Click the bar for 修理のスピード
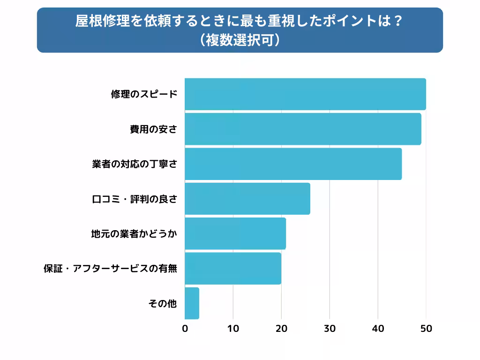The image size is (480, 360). [x=305, y=94]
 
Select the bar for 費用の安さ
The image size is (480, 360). [x=303, y=129]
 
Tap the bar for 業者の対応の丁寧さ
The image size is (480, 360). [x=293, y=164]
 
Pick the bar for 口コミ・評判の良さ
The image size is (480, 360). [x=247, y=199]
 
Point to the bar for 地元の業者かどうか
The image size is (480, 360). [x=235, y=233]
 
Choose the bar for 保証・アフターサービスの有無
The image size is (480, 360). [x=233, y=268]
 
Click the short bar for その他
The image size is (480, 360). [x=192, y=303]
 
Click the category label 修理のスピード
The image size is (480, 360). [x=144, y=94]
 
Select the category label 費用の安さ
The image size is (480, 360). [x=153, y=129]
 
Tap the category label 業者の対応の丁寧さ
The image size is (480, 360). [x=135, y=164]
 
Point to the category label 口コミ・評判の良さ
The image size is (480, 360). [x=134, y=199]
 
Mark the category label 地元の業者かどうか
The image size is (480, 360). [x=134, y=233]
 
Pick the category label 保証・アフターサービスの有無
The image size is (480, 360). [x=110, y=269]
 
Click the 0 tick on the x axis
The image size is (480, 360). [x=185, y=329]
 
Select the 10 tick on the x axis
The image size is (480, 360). [x=233, y=329]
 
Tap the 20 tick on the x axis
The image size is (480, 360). [x=281, y=329]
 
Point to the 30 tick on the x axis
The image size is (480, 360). [x=330, y=329]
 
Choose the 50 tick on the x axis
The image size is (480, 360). [x=426, y=329]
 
